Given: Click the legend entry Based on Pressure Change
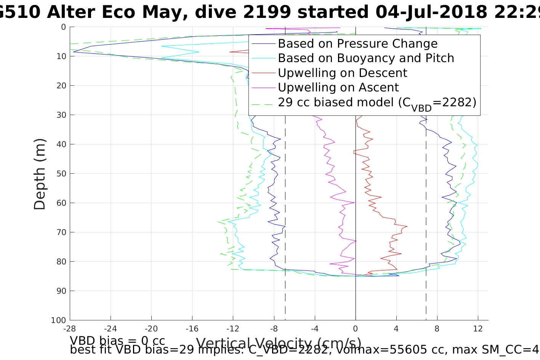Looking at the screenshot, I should [357, 44].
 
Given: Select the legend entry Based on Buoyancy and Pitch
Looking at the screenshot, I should [366, 58].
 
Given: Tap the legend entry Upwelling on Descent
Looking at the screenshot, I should [342, 73].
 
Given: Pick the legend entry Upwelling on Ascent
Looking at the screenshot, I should [338, 88].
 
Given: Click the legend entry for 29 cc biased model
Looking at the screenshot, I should [377, 102].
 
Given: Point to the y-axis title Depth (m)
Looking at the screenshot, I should [40, 174].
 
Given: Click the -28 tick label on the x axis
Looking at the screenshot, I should [70, 328].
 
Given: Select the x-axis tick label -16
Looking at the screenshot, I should [192, 328].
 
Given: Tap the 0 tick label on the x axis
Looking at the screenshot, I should [356, 328].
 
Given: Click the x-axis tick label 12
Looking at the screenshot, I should [478, 328].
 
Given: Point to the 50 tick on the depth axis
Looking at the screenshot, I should [61, 174].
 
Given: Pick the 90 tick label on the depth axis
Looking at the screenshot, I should [61, 291].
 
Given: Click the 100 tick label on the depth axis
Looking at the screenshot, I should [58, 320].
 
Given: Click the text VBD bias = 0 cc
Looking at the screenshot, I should [117, 340].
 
